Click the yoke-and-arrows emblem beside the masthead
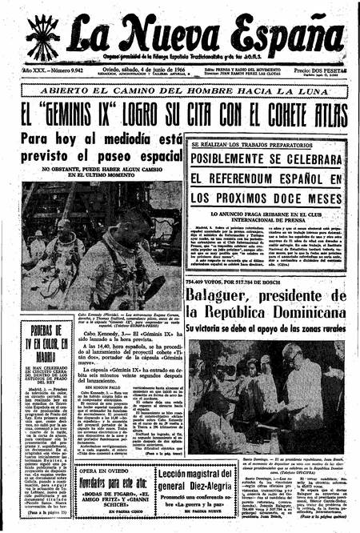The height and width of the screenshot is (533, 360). coord(39,37)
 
